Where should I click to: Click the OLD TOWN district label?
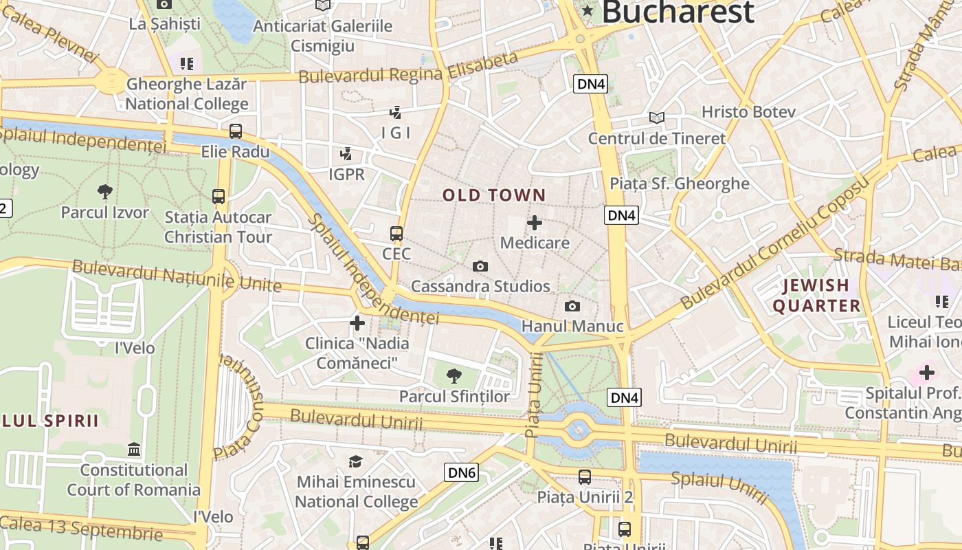[494, 195]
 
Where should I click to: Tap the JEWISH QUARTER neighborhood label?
[816, 296]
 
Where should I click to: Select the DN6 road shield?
[461, 472]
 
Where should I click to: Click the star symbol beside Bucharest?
[588, 10]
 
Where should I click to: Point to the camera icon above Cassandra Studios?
[480, 266]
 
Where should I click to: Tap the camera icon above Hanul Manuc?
[572, 306]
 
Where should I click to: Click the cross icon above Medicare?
[535, 223]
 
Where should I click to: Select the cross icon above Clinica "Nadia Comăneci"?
[357, 322]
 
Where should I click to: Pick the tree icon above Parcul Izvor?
[105, 192]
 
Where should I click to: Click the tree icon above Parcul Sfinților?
[454, 375]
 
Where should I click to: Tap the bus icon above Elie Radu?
[236, 131]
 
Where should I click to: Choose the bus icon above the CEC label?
[396, 233]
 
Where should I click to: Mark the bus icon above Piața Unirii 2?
[585, 476]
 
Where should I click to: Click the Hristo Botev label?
[748, 112]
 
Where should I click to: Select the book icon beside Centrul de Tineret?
[657, 118]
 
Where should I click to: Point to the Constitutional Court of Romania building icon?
[134, 450]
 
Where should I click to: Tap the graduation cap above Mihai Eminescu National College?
[355, 461]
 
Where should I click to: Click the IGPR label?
[346, 175]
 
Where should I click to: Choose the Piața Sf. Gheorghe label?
[680, 184]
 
